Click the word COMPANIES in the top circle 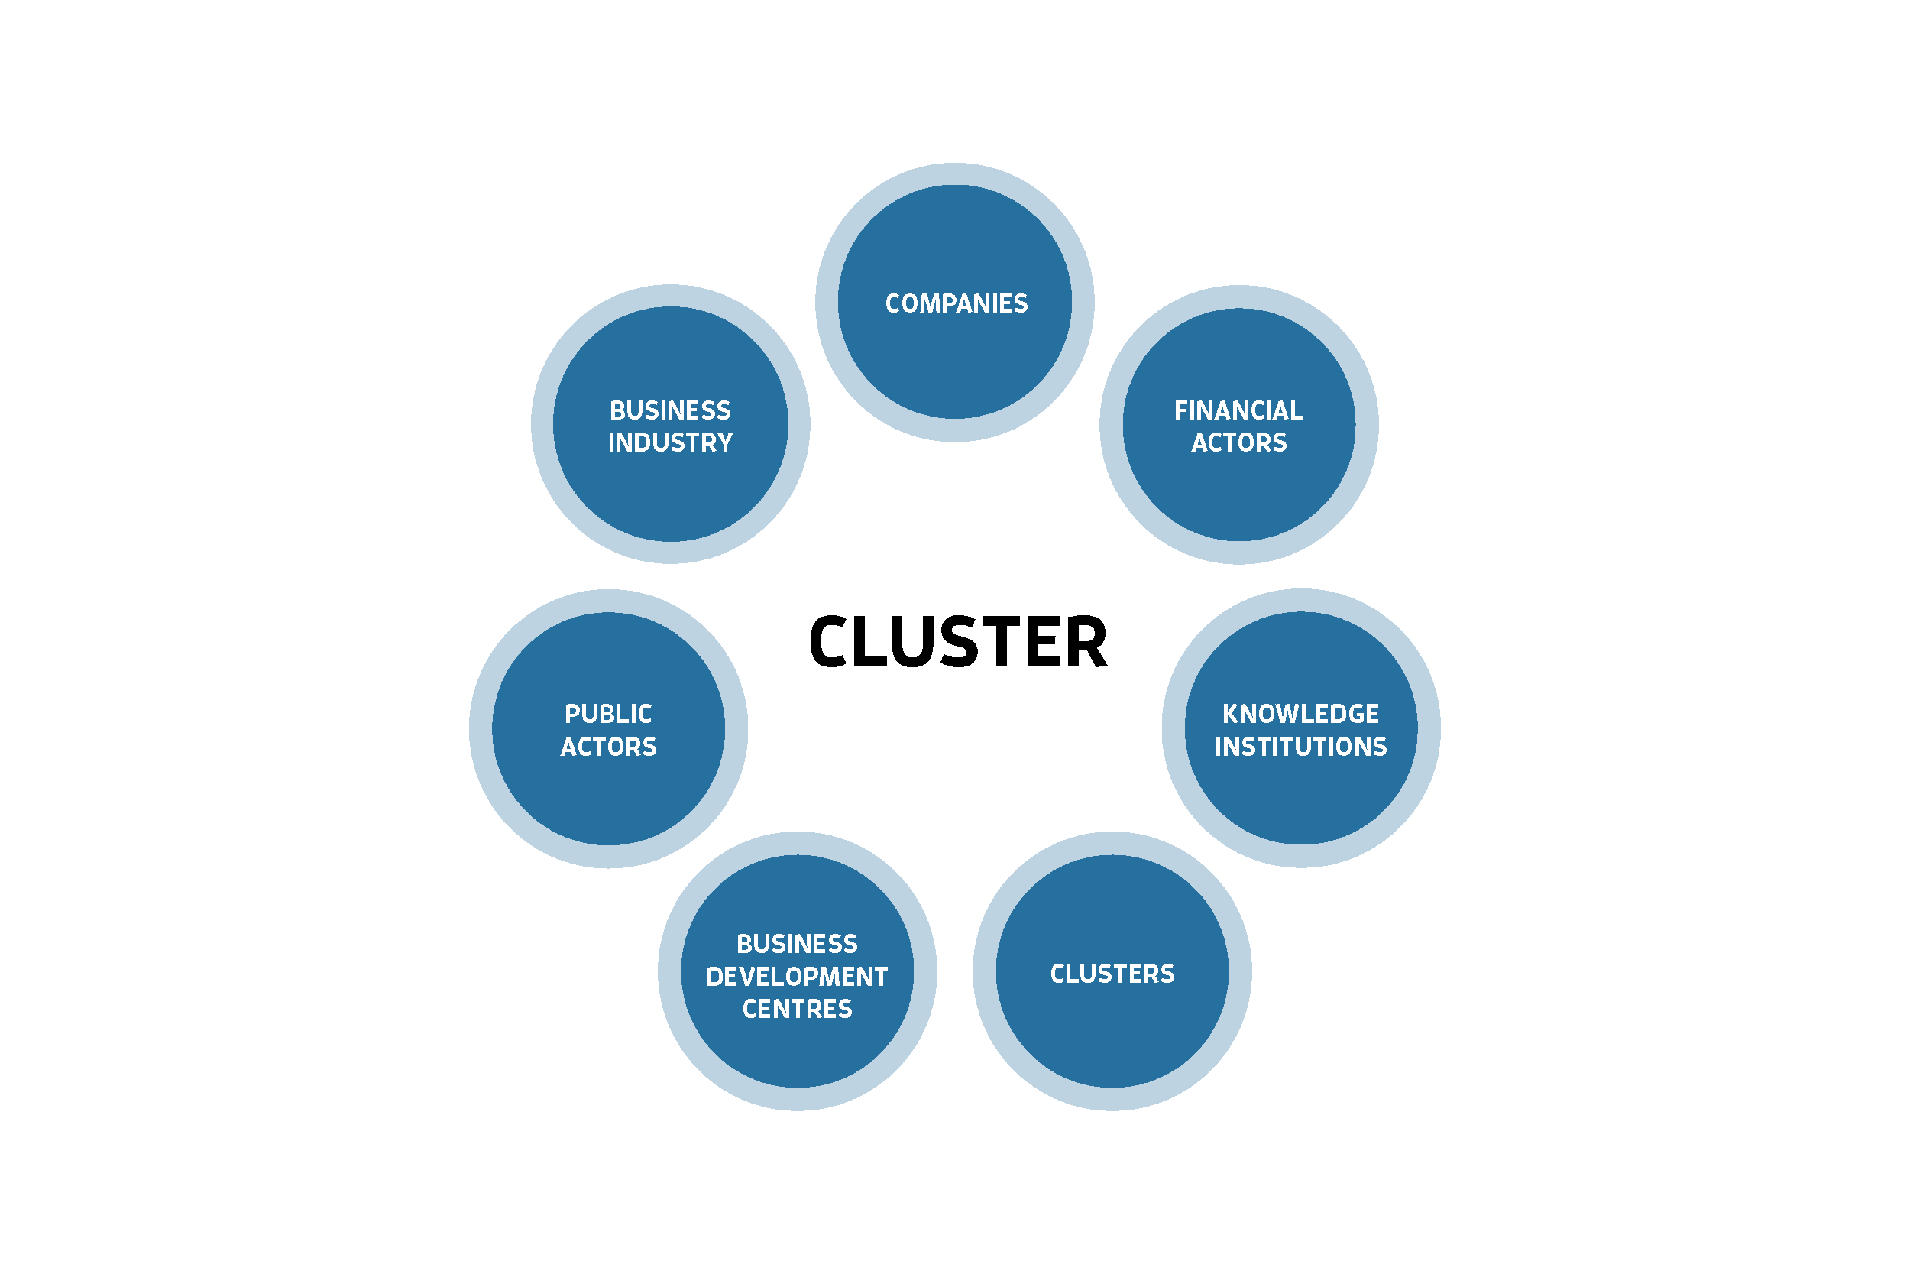coord(956,304)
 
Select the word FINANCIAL coord(1238,411)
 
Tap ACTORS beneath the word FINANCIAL coord(1238,442)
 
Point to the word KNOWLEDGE coord(1300,714)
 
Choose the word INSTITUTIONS coord(1300,747)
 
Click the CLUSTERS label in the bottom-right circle coord(1112,974)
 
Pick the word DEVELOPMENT coord(797,977)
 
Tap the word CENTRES coord(797,1009)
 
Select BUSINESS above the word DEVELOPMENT coord(797,944)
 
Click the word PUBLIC coord(608,714)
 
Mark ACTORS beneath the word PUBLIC coord(608,747)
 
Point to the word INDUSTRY coord(670,442)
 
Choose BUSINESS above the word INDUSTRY coord(670,411)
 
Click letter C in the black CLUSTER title coord(828,642)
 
